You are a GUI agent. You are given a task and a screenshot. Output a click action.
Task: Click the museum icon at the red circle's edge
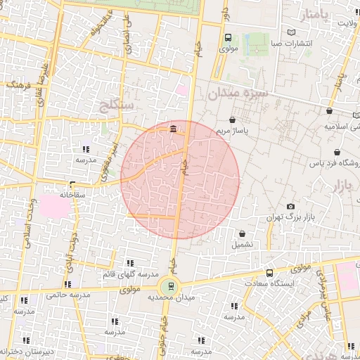point(173,128)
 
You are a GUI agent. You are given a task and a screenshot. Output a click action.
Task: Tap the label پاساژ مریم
point(233,131)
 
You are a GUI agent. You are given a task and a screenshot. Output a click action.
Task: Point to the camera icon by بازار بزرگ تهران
point(290,207)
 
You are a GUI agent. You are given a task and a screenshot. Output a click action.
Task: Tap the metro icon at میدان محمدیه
point(168,285)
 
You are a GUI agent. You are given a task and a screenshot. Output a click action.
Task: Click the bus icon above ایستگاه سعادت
point(269,273)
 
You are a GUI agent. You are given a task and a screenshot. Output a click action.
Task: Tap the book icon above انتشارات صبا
point(292,32)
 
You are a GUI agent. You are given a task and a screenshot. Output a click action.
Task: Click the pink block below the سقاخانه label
point(50,207)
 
